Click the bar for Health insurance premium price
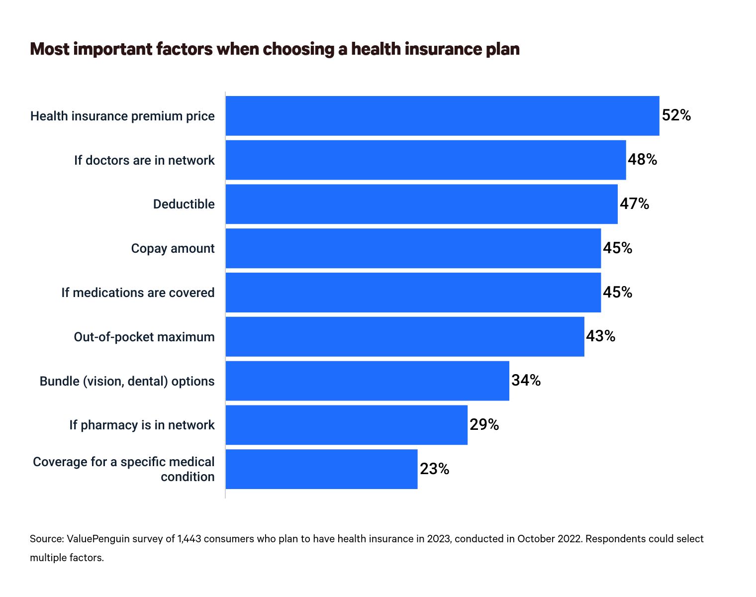[x=442, y=115]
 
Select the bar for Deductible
[x=421, y=204]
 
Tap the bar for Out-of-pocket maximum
[x=405, y=337]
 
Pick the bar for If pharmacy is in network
[x=346, y=425]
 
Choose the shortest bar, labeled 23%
[x=321, y=469]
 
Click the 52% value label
[x=676, y=115]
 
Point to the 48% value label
[x=643, y=160]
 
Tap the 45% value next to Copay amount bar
[x=618, y=248]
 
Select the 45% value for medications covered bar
[x=618, y=293]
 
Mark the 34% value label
[x=526, y=381]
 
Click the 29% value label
[x=484, y=425]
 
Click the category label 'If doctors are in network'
[x=144, y=160]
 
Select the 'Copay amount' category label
[x=173, y=249]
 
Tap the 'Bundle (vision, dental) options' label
[x=127, y=382]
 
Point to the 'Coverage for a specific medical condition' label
[x=124, y=469]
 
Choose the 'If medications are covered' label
[x=138, y=293]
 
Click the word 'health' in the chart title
[x=376, y=49]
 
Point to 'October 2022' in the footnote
[x=549, y=539]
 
